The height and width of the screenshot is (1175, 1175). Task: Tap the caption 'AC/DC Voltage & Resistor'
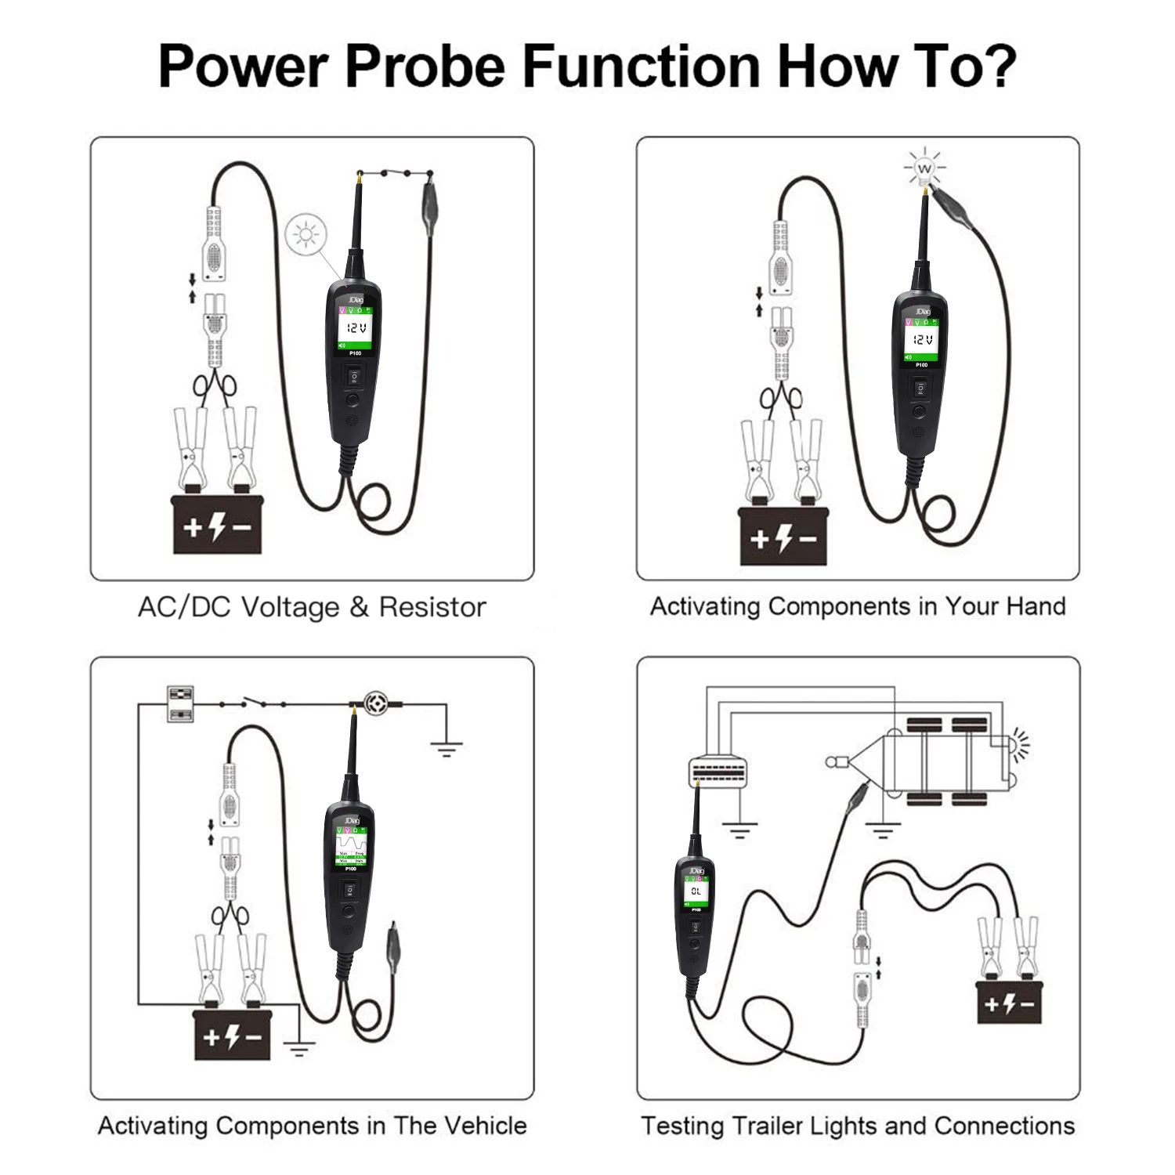coord(312,607)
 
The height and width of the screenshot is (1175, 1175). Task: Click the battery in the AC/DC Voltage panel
coord(217,524)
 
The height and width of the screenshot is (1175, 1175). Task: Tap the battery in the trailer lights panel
coord(1009,1002)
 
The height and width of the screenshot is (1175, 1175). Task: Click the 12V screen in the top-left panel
coord(356,328)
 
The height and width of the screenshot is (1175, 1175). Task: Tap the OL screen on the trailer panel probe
coord(696,891)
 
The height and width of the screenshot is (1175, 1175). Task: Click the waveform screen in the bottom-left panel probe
coord(351,847)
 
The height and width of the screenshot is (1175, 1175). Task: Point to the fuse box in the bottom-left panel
coord(181,703)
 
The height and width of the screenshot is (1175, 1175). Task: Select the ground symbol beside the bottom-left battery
coord(298,1048)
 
